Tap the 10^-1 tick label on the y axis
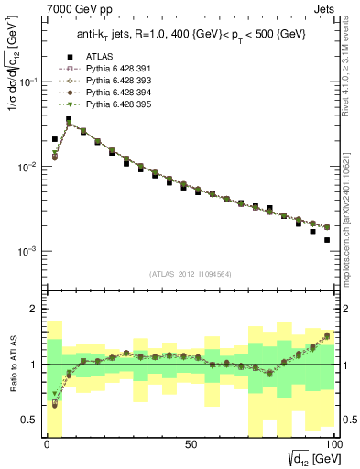click(26, 82)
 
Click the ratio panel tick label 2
click(33, 309)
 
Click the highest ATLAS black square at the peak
click(69, 119)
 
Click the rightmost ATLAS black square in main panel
click(327, 240)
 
